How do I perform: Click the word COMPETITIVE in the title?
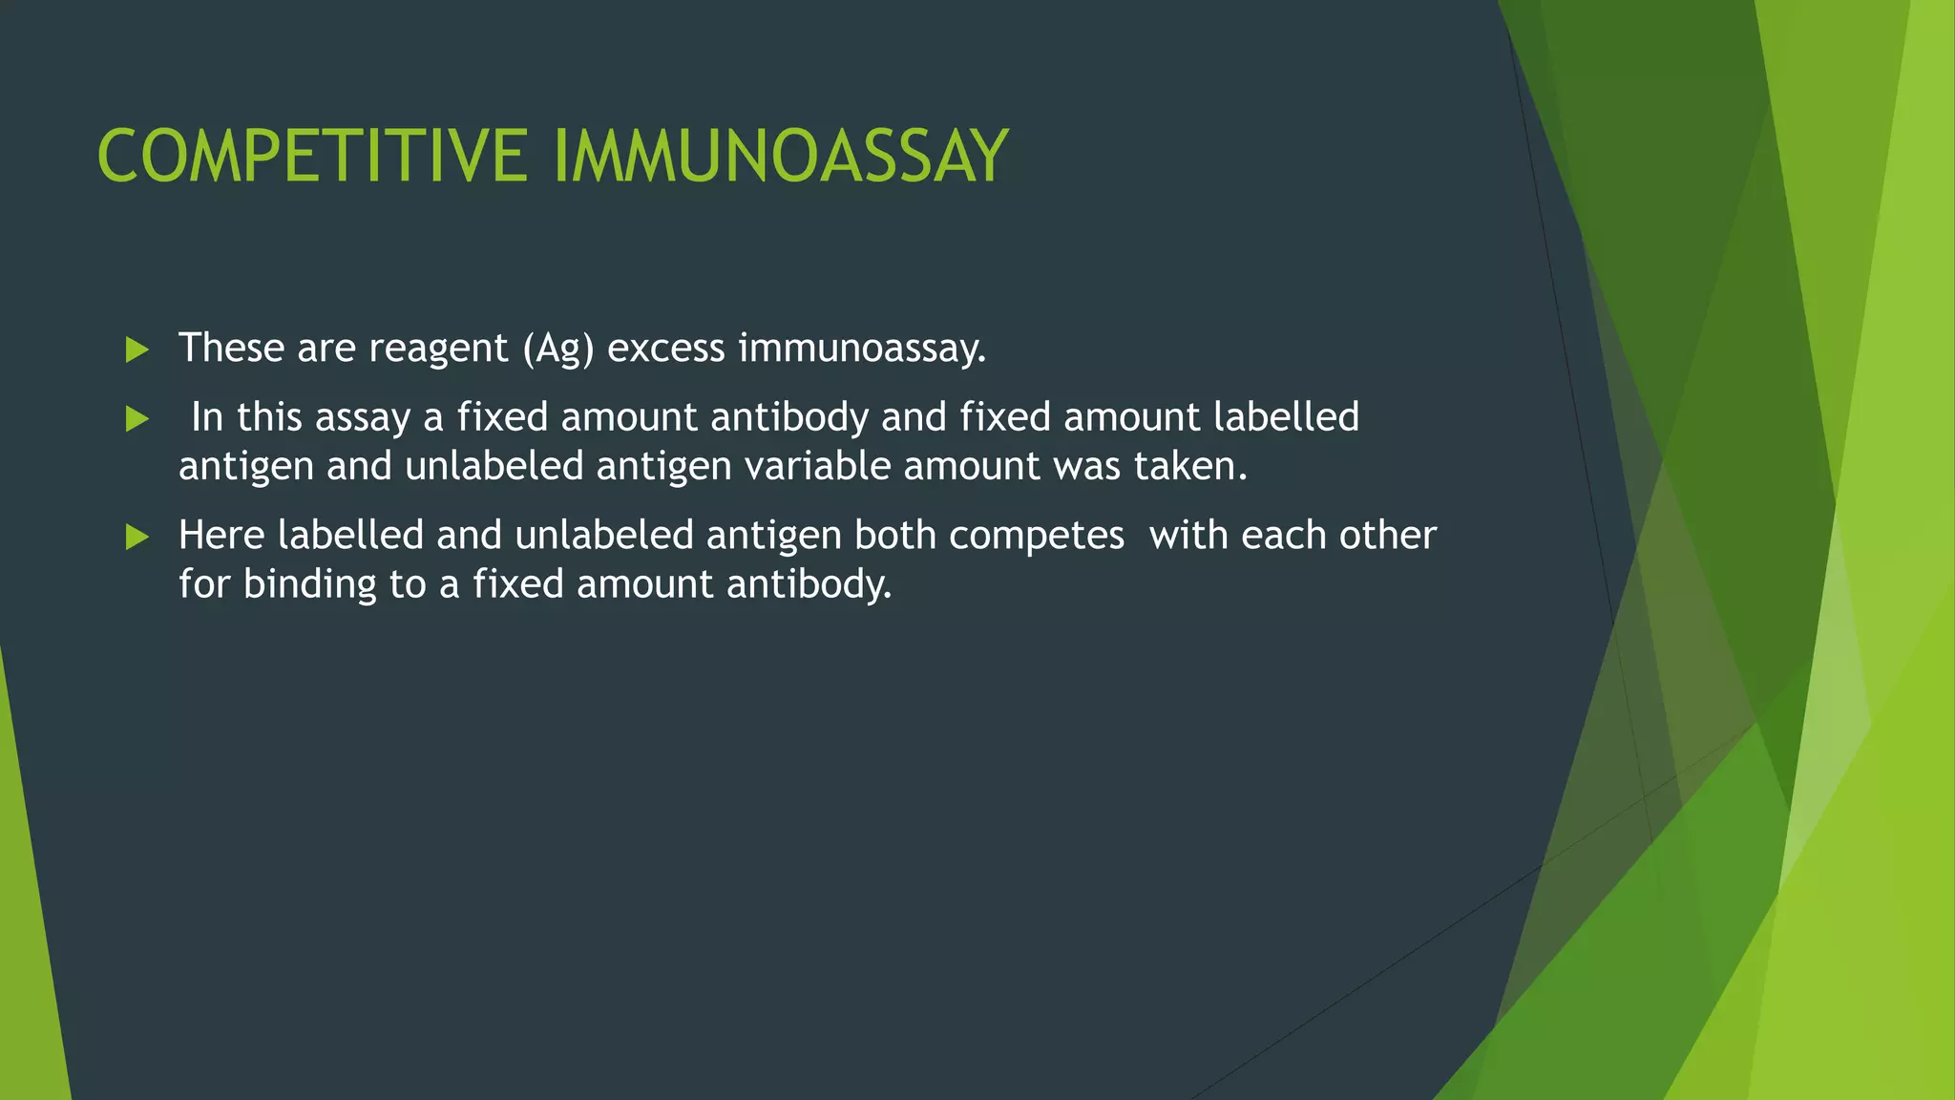coord(312,157)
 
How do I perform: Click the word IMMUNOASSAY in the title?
coord(780,157)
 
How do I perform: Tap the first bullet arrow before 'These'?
coord(137,349)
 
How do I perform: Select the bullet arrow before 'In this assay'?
coord(137,419)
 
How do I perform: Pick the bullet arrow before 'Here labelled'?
coord(137,537)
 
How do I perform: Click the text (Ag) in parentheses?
coord(558,349)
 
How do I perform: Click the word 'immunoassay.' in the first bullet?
coord(862,349)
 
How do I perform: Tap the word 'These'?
coord(231,348)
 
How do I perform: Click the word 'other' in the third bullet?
coord(1388,535)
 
